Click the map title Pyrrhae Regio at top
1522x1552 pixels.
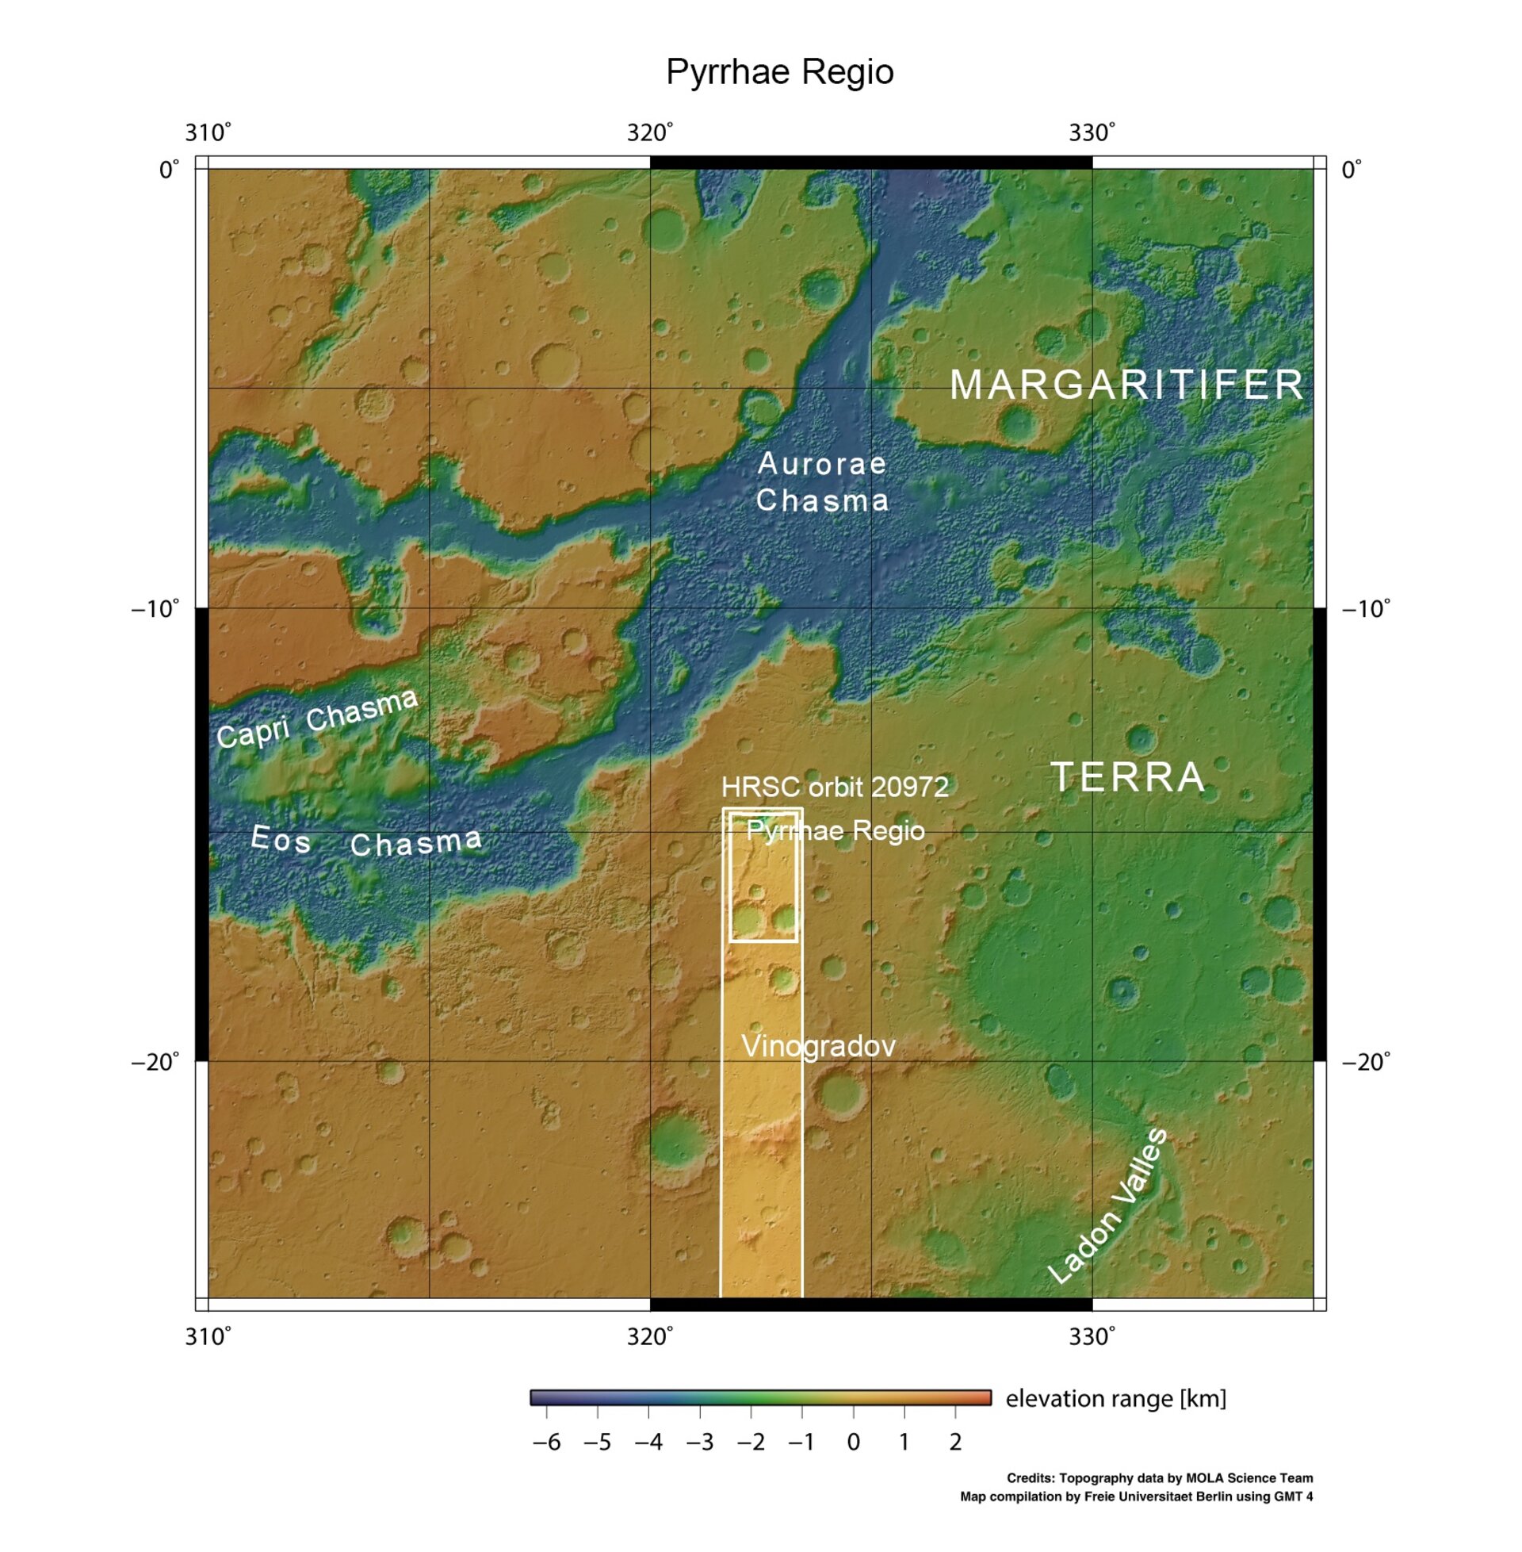click(x=779, y=72)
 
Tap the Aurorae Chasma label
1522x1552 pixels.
click(x=822, y=481)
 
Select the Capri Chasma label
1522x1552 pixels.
click(x=317, y=717)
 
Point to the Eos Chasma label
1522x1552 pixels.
click(x=366, y=841)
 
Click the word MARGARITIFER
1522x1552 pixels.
click(x=1126, y=385)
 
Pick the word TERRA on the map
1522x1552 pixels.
click(x=1127, y=777)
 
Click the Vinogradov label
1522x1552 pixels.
click(x=818, y=1046)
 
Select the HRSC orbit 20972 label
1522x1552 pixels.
click(x=835, y=787)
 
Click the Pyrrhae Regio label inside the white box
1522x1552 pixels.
click(x=835, y=831)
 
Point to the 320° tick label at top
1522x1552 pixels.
click(x=650, y=132)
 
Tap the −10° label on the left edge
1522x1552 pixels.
click(x=155, y=609)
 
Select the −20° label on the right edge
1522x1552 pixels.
click(x=1365, y=1062)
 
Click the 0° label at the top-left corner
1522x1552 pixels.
click(x=170, y=170)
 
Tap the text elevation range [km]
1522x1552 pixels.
click(x=1115, y=1398)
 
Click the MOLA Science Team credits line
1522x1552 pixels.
click(x=1159, y=1478)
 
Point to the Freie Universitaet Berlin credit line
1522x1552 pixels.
click(x=1136, y=1496)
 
